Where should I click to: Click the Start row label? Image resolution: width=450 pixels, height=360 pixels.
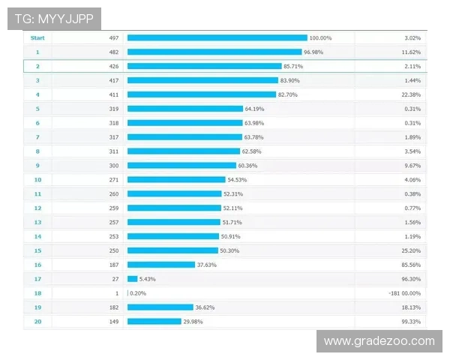pos(37,37)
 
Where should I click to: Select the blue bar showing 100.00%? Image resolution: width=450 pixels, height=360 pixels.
pos(217,37)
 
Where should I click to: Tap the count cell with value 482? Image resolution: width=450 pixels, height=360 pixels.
pos(114,52)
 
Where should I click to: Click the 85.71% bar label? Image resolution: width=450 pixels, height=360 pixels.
pos(294,66)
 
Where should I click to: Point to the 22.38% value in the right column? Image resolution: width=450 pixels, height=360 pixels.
pos(412,94)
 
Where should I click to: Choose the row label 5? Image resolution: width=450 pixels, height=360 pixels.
pos(37,109)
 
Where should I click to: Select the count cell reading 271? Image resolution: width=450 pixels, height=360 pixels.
pos(114,179)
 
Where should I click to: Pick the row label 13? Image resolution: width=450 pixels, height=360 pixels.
pos(37,222)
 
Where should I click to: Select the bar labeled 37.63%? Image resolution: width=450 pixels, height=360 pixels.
pos(161,264)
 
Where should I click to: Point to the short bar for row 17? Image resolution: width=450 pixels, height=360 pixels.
pos(132,278)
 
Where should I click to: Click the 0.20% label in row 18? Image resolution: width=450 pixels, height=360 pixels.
pos(138,292)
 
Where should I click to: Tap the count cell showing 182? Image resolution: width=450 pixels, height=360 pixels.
pos(114,307)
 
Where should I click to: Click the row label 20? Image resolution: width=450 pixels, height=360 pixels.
pos(37,321)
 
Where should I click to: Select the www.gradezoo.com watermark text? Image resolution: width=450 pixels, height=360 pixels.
pos(379,341)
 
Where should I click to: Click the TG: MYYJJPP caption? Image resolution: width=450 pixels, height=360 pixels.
pos(54,19)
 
